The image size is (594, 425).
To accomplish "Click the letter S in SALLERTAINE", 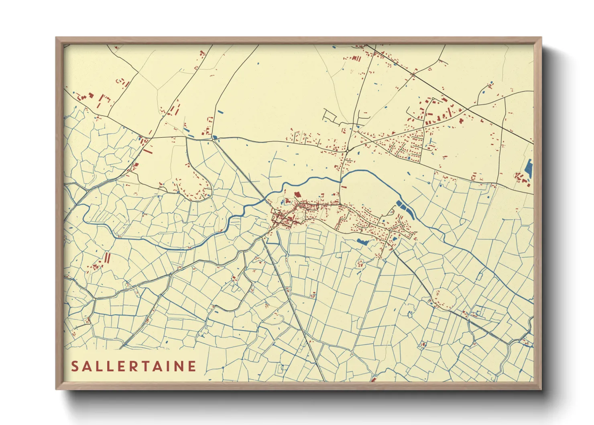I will (75, 366).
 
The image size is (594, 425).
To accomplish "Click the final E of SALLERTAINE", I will (192, 366).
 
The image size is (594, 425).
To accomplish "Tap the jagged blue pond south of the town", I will (363, 241).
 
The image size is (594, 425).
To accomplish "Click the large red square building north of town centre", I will (297, 195).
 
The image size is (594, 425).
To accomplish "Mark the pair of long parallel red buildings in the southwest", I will (107, 258).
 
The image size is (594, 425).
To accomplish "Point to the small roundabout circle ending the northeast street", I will (433, 99).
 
